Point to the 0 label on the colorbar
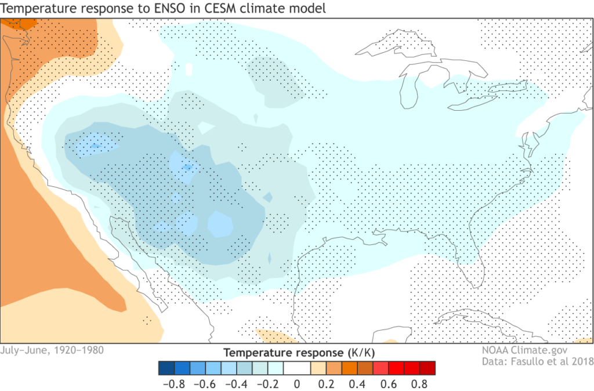296,383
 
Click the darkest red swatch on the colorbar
428,368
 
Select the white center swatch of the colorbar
296,368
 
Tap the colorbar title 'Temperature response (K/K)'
296,353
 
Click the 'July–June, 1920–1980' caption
53,350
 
